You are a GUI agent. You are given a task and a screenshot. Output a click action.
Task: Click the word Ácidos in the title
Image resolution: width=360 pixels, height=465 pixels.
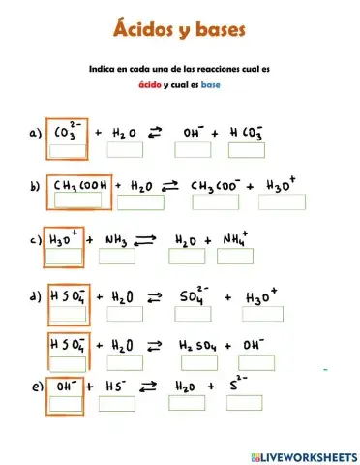(145, 32)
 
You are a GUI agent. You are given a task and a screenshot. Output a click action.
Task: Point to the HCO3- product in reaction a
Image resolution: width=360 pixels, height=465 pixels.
(247, 131)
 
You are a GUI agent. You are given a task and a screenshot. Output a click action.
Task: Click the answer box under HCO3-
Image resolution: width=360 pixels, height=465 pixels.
(247, 150)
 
